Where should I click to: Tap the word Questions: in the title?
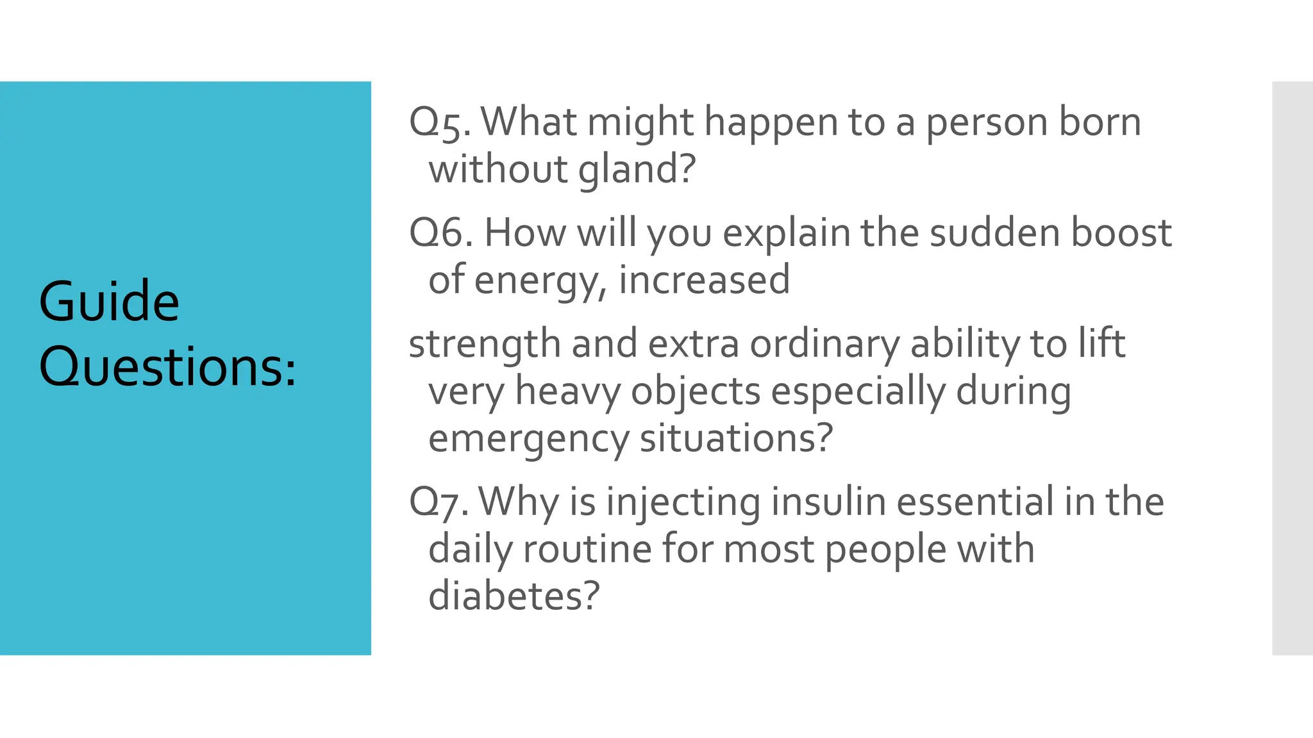tap(168, 367)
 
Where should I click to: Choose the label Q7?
tap(439, 502)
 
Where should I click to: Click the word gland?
tap(637, 169)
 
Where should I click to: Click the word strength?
tap(484, 344)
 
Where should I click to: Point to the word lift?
tap(1101, 343)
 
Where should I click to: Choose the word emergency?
tap(528, 439)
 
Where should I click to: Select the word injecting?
tap(683, 503)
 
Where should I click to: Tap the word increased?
tap(704, 280)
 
